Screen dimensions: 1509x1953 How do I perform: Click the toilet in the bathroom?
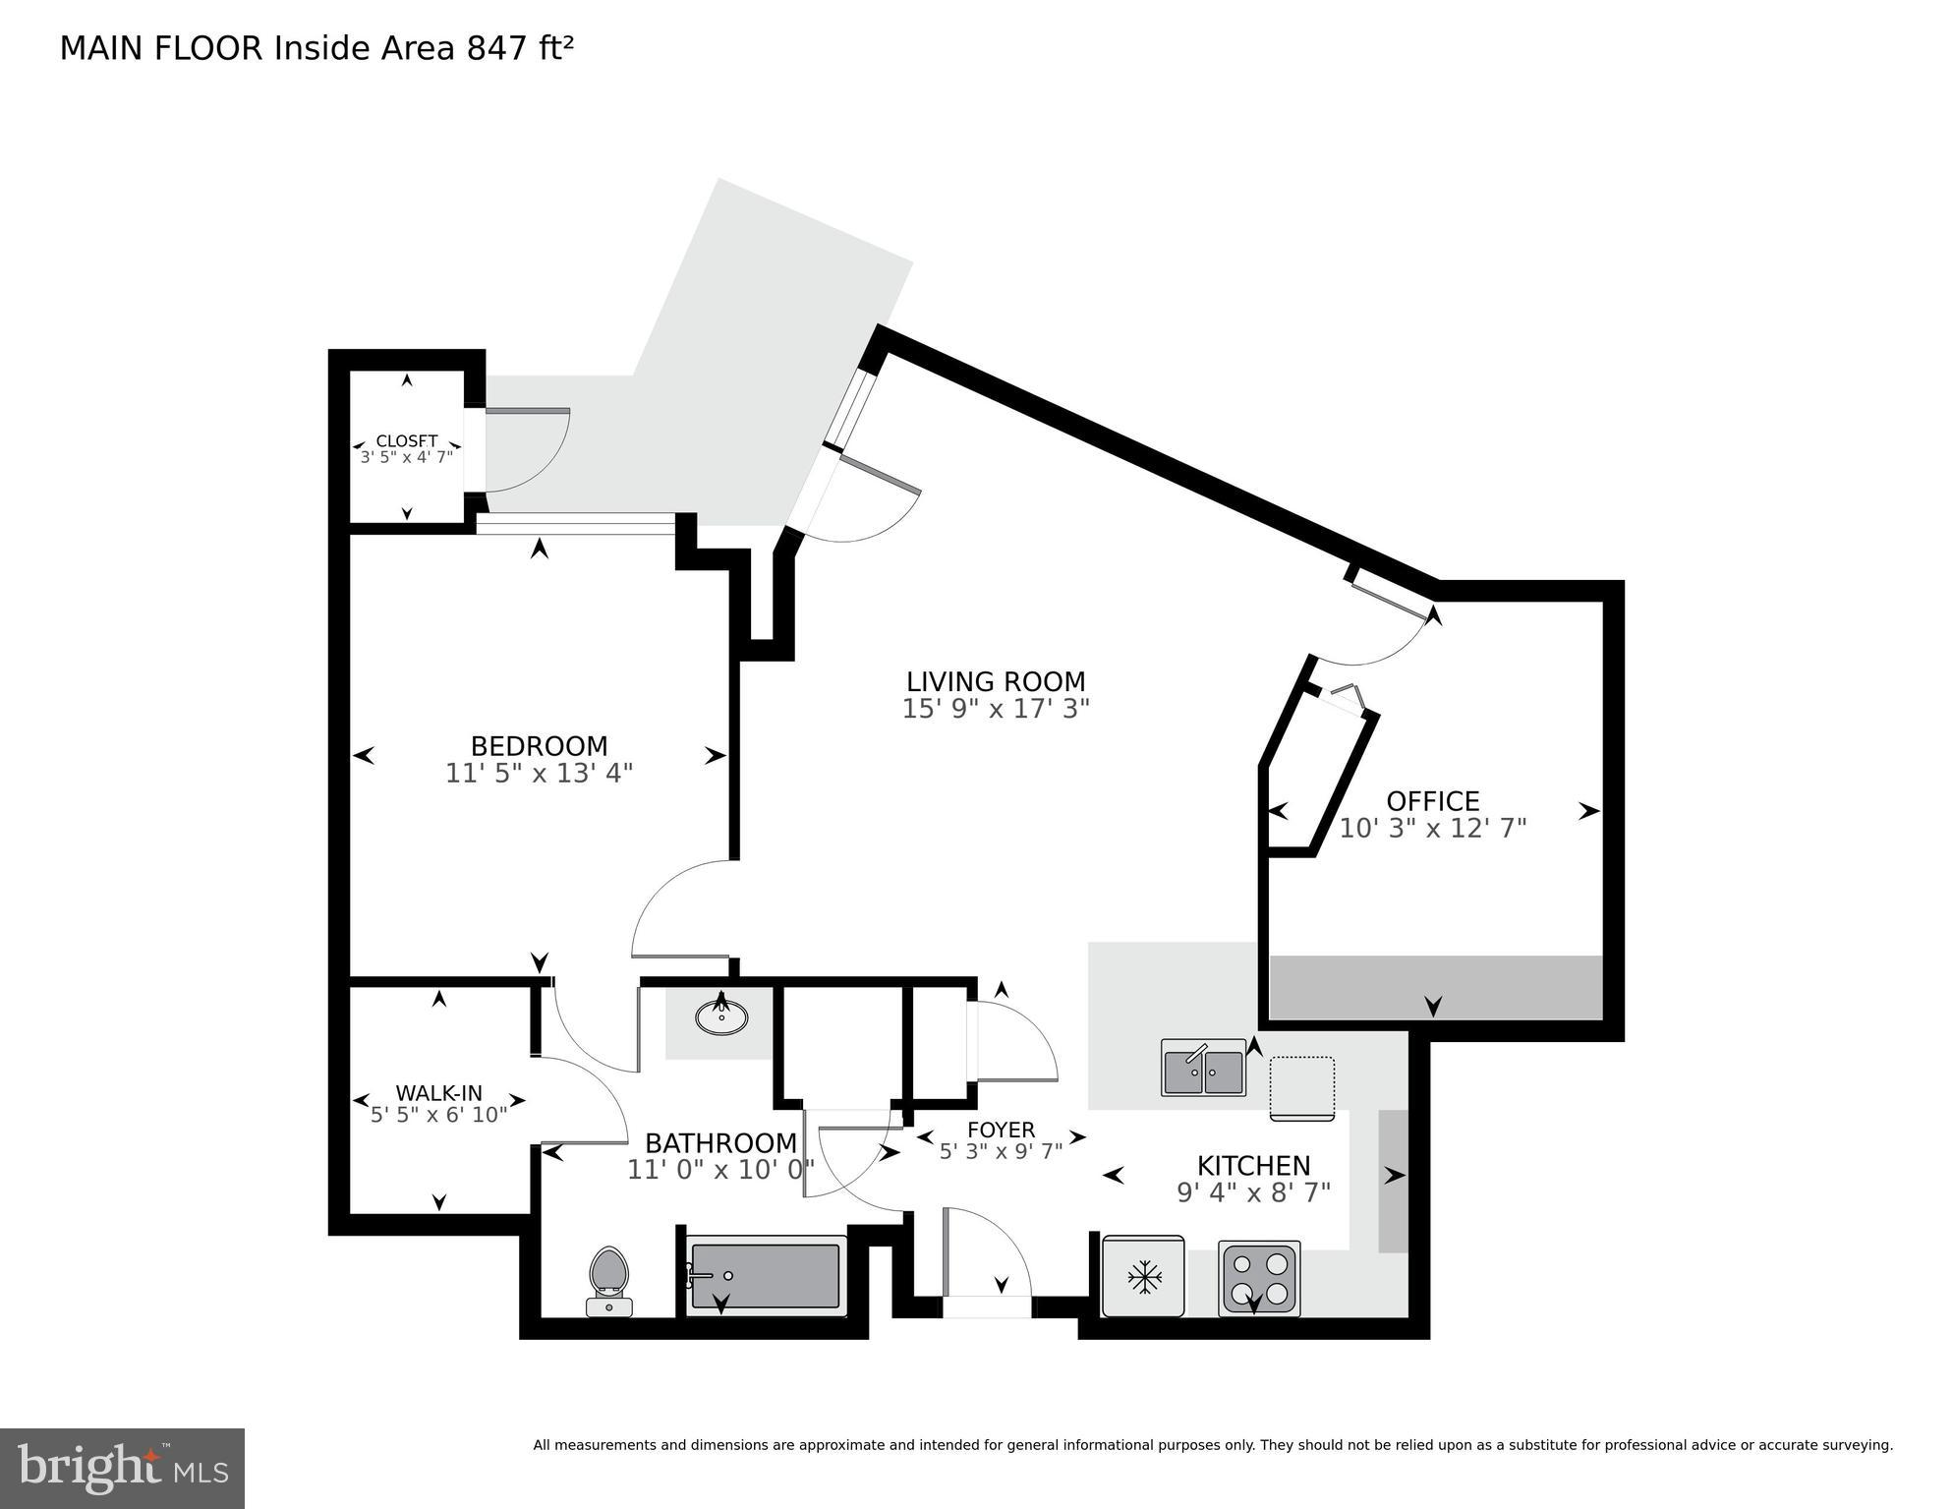point(608,1279)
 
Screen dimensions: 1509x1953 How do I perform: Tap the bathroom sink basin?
point(722,1016)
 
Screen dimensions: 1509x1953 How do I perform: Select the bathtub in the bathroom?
point(766,1275)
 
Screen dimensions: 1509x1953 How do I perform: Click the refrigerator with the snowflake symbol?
point(1143,1277)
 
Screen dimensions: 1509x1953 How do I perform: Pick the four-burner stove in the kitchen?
point(1259,1277)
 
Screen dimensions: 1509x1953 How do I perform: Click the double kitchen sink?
point(1203,1069)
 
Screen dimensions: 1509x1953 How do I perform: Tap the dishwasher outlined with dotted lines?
point(1301,1087)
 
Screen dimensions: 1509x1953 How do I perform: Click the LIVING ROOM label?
point(995,681)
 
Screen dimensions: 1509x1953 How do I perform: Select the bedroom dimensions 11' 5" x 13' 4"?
point(539,774)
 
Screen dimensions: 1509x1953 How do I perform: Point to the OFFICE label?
point(1432,801)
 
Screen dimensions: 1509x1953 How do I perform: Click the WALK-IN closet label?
point(438,1092)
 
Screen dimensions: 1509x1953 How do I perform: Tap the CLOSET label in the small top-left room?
point(406,441)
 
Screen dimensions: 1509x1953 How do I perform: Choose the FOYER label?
point(1001,1130)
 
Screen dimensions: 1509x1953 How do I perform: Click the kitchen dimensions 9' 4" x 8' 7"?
point(1253,1192)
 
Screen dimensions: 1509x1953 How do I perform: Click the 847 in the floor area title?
point(496,49)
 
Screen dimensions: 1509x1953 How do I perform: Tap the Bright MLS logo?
point(122,1469)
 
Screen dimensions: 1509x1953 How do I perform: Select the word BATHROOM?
point(720,1143)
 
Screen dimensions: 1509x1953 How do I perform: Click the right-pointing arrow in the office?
point(1588,811)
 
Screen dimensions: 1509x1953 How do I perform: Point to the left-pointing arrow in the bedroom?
point(364,755)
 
